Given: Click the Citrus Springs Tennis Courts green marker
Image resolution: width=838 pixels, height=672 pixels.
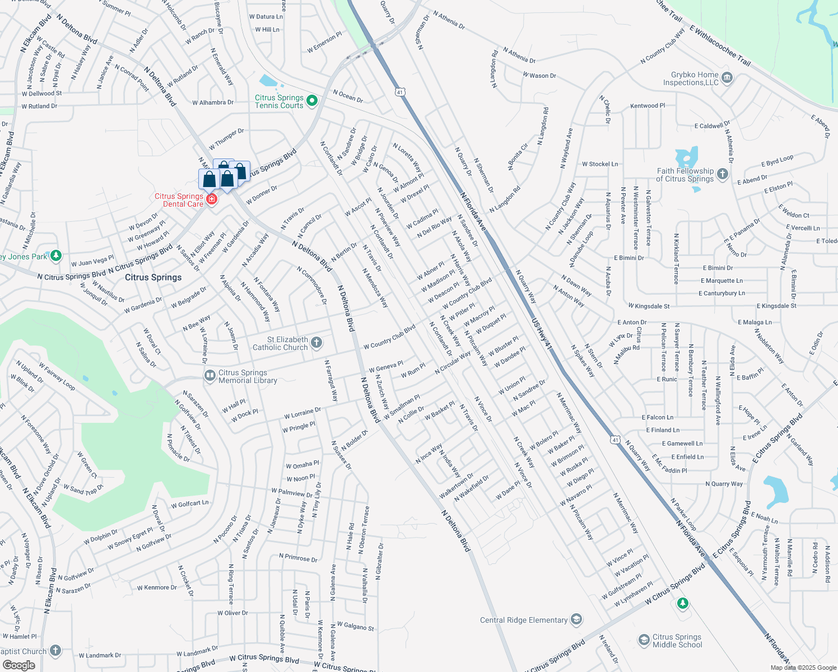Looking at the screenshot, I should coord(312,101).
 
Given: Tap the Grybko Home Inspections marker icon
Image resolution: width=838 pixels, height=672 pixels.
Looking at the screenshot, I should coord(727,77).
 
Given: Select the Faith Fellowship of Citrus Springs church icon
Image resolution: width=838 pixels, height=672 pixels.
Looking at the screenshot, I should coord(723,174).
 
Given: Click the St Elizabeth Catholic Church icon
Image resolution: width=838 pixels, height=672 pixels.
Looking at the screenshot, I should coord(316,343).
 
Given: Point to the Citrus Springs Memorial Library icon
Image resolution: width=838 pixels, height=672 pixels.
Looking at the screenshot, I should coord(210,376).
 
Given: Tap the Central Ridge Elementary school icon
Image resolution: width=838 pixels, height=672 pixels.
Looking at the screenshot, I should coord(576,619).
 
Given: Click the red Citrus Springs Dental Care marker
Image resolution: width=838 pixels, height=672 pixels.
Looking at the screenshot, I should coord(211,199).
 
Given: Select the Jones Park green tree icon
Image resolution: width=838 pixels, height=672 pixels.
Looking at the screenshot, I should coord(55,256).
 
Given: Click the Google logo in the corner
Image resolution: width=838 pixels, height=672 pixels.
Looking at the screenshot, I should coord(18,665).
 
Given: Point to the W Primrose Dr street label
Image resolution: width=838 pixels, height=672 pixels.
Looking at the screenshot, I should coord(298,558).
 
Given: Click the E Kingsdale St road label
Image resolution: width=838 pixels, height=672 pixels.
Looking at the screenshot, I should coord(776,306).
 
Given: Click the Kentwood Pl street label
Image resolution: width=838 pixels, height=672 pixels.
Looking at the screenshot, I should coord(648,106).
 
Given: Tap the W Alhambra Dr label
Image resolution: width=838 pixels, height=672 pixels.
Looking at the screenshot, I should coord(213,102).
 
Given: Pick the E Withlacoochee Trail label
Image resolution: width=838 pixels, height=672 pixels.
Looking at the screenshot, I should coord(720,46).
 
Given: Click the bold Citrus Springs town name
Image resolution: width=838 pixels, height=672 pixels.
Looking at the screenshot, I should coord(153,277).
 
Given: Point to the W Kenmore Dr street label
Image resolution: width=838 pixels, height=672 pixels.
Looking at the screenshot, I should coord(157,587).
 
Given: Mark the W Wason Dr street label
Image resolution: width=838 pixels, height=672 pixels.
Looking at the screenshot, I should coord(539,75).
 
